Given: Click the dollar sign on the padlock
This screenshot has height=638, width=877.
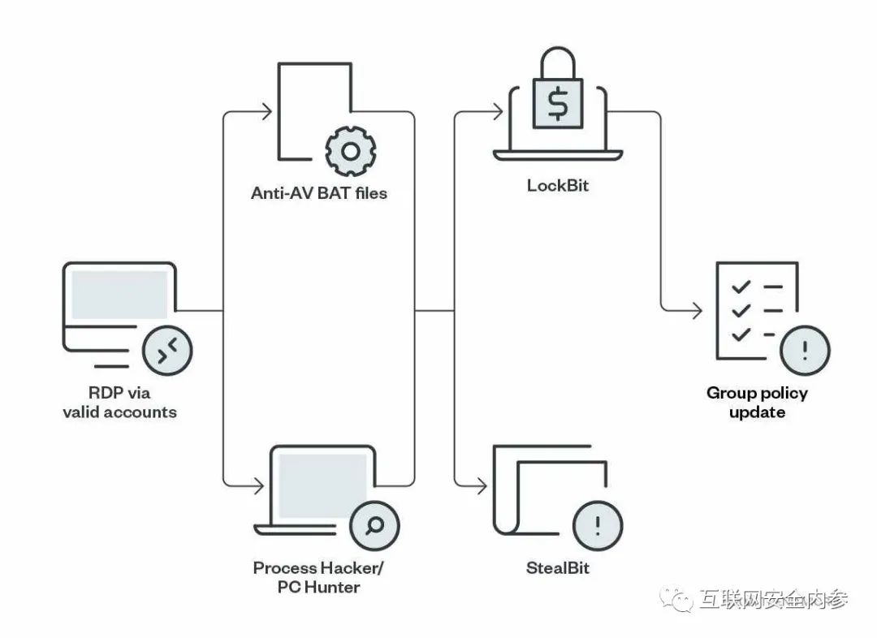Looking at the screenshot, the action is (x=558, y=105).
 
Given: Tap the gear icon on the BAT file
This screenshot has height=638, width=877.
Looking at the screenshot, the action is (x=351, y=151).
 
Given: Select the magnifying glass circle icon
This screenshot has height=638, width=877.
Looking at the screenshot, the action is (x=374, y=526).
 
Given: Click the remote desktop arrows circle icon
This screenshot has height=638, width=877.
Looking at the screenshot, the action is (x=167, y=351).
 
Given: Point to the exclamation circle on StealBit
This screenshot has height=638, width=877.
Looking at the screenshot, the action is (x=598, y=526).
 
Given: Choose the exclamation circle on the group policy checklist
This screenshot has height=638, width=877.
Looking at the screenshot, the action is (x=805, y=351).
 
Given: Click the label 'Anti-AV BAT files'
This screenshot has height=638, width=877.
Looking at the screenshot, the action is (x=319, y=193).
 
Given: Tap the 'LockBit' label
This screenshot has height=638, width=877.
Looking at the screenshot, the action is (x=558, y=186).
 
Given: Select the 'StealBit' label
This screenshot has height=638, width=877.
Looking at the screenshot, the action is (x=558, y=568).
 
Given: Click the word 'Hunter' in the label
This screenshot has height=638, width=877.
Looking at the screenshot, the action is (x=333, y=587).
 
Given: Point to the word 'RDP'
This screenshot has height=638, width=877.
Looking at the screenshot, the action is (x=105, y=393).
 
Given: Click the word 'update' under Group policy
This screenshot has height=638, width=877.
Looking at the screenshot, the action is (x=758, y=412).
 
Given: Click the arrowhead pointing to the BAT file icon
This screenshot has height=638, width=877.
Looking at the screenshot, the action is (x=267, y=112).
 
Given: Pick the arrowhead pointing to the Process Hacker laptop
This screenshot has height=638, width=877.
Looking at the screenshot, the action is (x=259, y=486).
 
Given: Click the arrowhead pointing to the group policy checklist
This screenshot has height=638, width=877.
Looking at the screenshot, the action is (x=697, y=310).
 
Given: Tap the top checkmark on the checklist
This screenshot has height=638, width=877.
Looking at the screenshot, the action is (x=741, y=287).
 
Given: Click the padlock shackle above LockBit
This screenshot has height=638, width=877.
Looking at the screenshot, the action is (x=558, y=63).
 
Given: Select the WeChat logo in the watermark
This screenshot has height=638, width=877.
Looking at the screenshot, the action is (x=676, y=599).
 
